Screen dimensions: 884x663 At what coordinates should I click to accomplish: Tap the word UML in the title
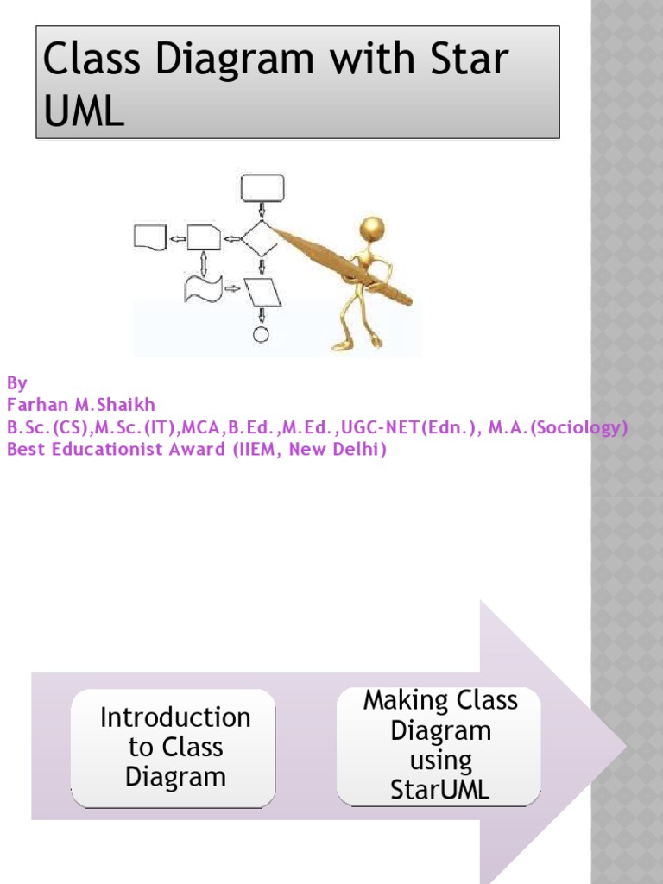click(x=84, y=111)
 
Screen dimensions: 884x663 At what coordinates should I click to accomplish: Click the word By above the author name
click(x=16, y=382)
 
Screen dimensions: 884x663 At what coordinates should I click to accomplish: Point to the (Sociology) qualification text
click(x=578, y=427)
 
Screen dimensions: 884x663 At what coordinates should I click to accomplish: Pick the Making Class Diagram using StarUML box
click(x=439, y=745)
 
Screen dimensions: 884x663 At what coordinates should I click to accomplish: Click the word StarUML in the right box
click(x=440, y=790)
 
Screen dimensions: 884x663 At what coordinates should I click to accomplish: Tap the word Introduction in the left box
click(x=175, y=717)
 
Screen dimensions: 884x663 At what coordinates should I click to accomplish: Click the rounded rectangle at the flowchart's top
click(x=262, y=186)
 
